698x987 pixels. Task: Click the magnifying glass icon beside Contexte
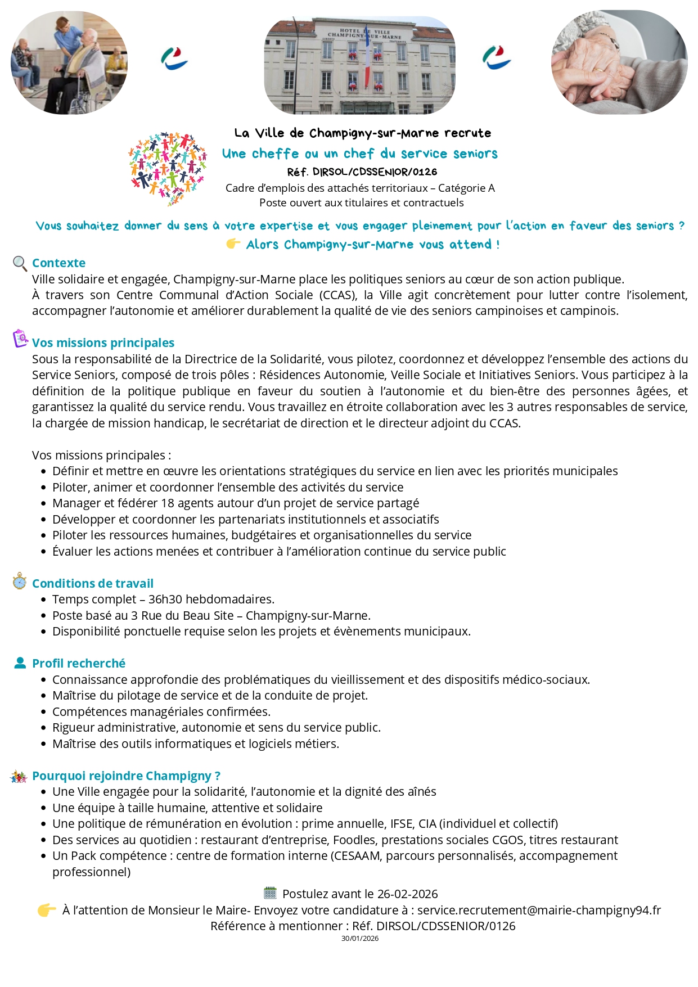(20, 263)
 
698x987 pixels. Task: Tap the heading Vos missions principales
(103, 343)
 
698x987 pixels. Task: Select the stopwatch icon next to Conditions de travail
(20, 582)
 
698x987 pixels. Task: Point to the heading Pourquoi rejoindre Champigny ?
(126, 776)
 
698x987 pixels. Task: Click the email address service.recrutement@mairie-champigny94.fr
(539, 910)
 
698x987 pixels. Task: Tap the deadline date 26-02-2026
(407, 894)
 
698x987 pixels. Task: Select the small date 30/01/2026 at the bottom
(360, 938)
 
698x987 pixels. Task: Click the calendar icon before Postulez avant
(270, 893)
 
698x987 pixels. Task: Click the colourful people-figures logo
(168, 168)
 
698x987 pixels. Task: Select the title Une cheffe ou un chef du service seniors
(360, 154)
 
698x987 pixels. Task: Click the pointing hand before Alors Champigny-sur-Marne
(233, 244)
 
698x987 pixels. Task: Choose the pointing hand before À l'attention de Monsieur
(47, 910)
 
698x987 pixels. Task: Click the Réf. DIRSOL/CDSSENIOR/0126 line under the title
(362, 172)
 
